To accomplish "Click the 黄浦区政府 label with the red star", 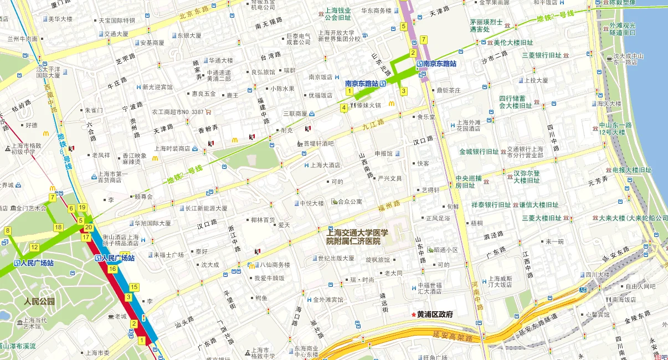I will click(435, 315).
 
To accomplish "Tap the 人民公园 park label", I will click(39, 302).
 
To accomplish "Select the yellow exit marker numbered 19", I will click(83, 208).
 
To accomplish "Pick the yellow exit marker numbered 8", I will click(8, 230).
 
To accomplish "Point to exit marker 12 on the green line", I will click(34, 247).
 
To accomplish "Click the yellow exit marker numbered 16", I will click(112, 269).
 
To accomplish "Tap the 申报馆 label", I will click(383, 153).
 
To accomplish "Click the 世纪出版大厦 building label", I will click(336, 258).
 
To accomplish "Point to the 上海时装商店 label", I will click(172, 148).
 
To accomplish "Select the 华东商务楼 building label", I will click(376, 11).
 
